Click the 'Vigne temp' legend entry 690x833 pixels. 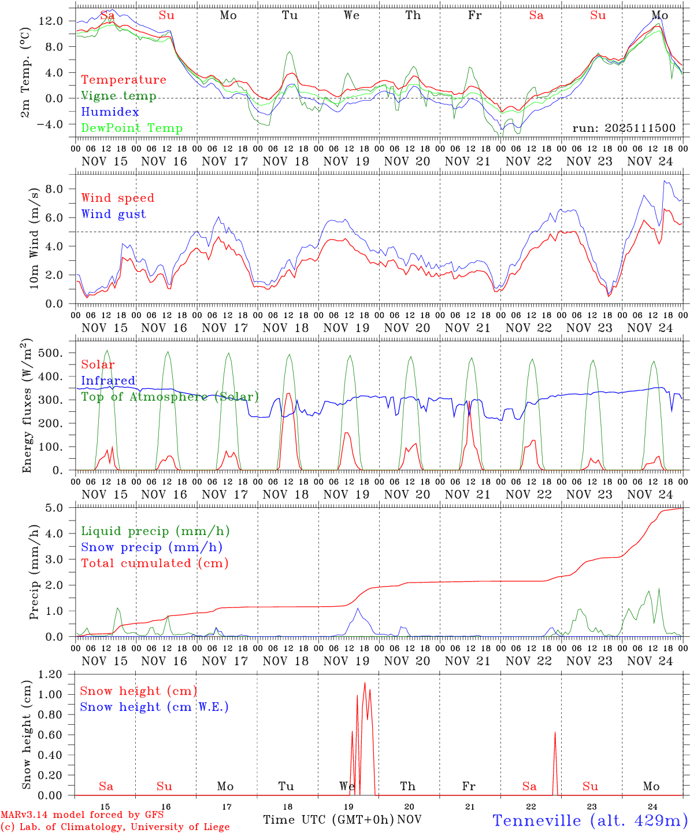118,96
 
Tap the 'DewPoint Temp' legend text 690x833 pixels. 132,128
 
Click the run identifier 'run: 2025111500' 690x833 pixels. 624,128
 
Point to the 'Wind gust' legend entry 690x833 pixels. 113,214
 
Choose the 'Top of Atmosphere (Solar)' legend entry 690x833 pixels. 169,397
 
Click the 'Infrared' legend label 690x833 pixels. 108,381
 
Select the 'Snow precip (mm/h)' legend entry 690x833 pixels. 151,547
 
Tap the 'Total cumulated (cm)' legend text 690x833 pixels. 154,563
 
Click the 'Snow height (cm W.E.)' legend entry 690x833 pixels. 154,707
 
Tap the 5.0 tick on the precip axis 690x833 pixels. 57,508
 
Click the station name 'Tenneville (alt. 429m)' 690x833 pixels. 589,820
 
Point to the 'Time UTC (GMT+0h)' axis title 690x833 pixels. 328,820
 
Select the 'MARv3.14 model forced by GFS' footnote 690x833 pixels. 82,815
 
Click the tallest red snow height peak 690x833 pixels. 365,683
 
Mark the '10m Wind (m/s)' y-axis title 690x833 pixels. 34,238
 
